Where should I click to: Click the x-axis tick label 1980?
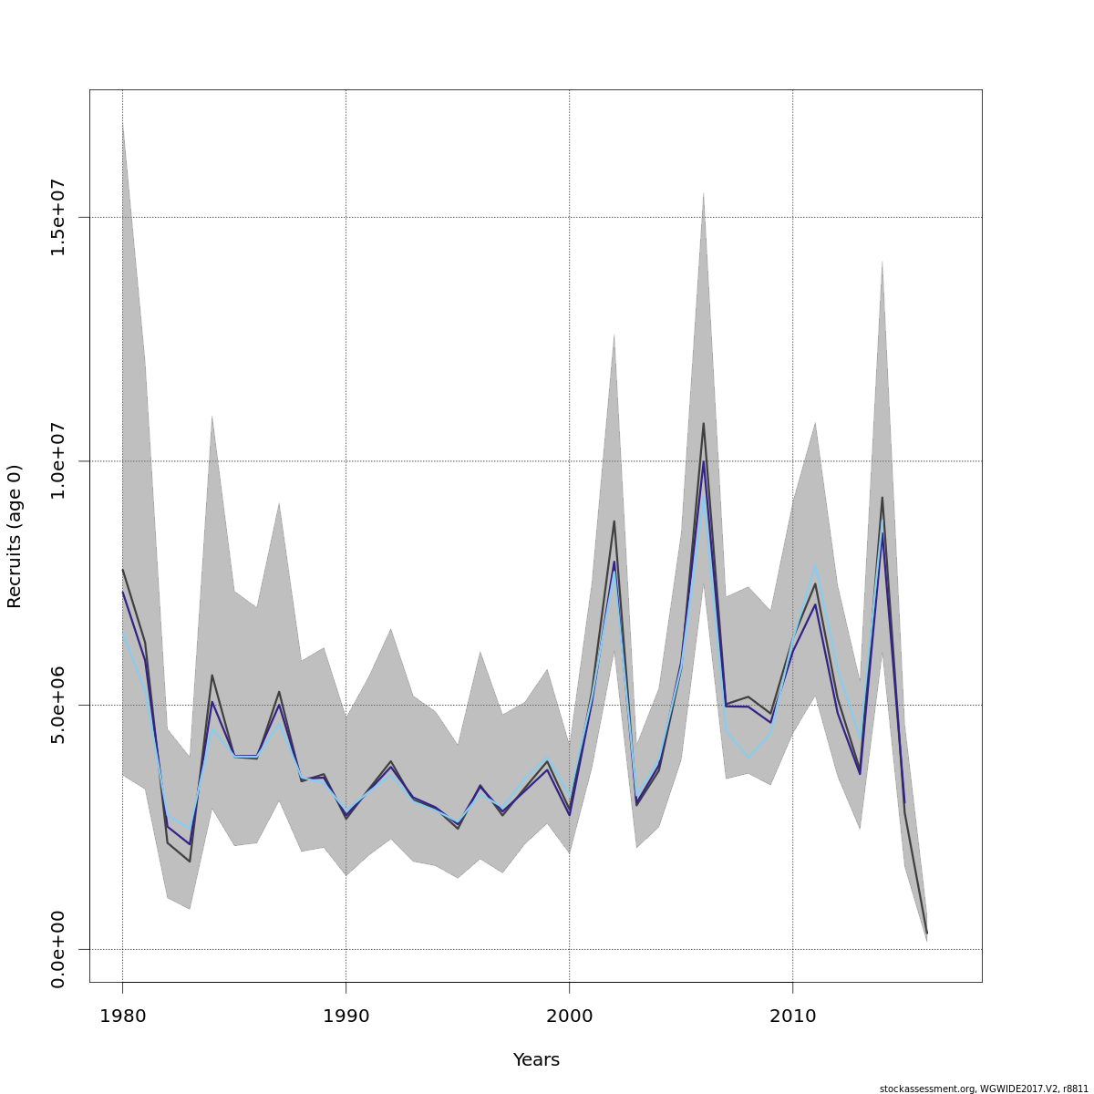122,1016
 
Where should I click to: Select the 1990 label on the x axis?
346,1016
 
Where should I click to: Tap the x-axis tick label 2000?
569,1016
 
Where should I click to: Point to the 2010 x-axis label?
792,1016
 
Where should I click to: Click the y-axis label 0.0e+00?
57,949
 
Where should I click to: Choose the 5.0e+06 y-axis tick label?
57,705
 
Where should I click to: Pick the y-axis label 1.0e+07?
57,461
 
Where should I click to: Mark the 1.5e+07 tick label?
57,217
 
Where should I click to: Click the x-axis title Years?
536,1059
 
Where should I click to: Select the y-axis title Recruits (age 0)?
14,536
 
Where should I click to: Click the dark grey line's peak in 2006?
703,423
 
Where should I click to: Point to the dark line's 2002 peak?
614,521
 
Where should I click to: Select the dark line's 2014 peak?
882,498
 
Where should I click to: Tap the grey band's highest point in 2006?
703,192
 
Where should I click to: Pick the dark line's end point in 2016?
926,934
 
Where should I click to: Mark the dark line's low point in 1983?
190,862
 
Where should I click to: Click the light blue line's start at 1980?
122,633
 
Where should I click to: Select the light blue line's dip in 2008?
748,758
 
